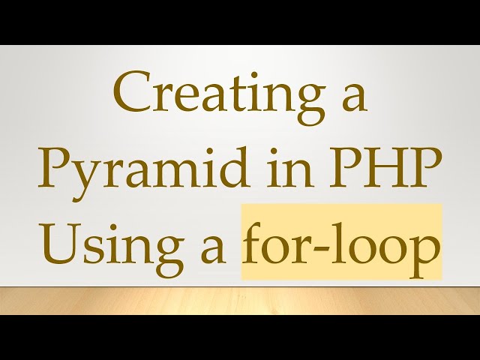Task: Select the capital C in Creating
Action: point(130,96)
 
